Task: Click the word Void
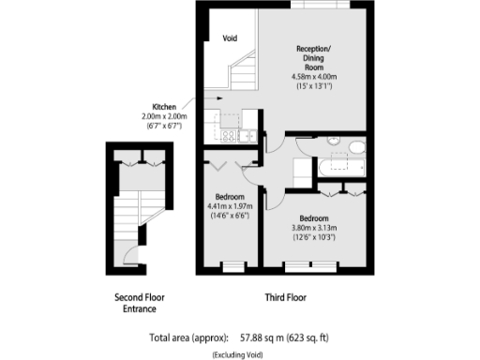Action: [x=231, y=38]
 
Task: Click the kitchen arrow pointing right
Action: [x=212, y=97]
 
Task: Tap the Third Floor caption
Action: [x=284, y=298]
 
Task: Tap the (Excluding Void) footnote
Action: [x=239, y=354]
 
